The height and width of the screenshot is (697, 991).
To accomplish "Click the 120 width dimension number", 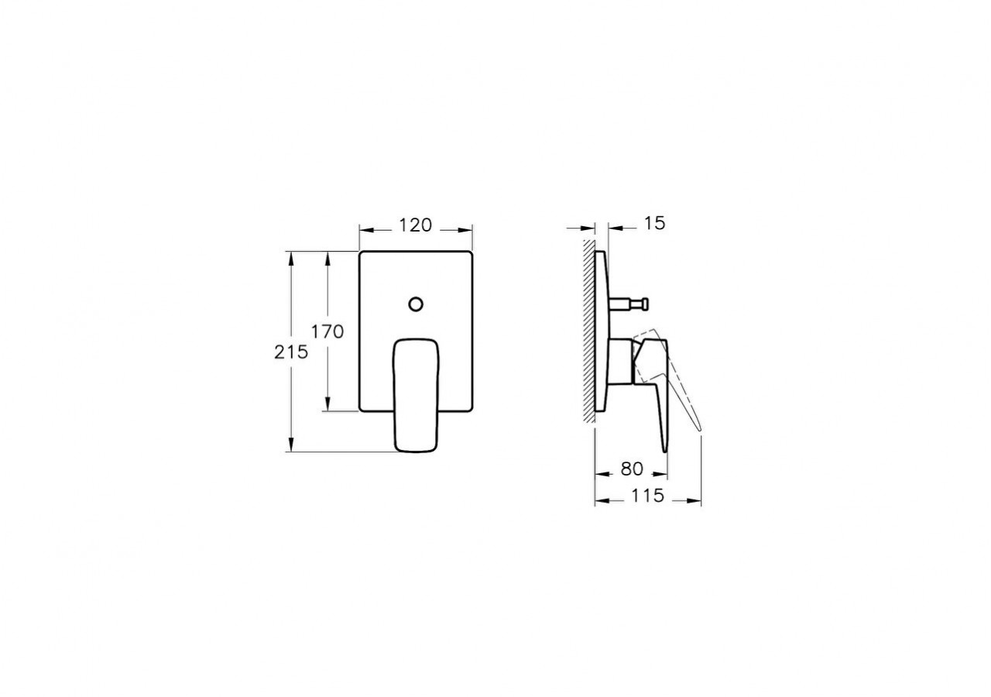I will point(415,225).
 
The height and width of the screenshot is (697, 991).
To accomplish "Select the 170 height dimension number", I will point(327,331).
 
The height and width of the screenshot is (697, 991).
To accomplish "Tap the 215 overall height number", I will point(291,352).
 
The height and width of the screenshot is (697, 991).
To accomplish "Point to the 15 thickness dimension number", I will point(654,224).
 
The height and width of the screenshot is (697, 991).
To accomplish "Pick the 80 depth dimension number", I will point(632,469).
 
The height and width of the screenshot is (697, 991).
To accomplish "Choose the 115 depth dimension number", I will point(647,496).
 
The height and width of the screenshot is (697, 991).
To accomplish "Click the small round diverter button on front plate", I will point(416,303).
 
